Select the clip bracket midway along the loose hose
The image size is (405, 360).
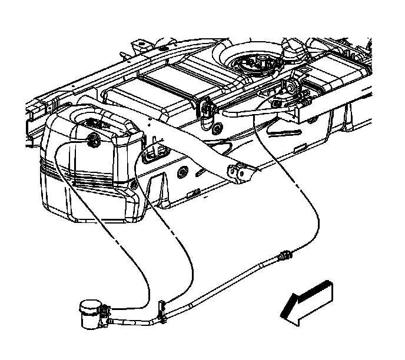click(161, 310)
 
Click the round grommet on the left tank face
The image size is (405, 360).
click(93, 140)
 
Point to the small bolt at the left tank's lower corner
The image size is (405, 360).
click(135, 186)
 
